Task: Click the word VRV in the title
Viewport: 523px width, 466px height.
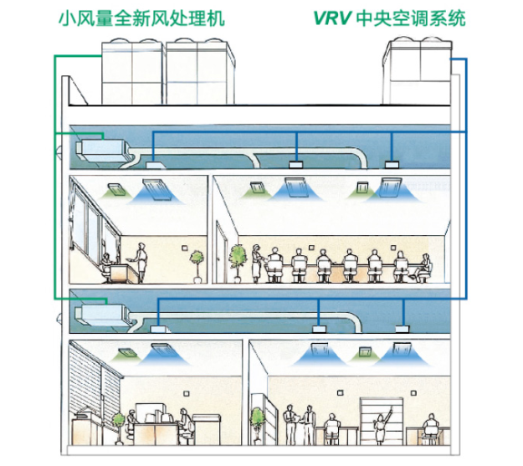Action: click(x=332, y=18)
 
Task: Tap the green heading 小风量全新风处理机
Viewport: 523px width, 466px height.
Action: click(x=141, y=18)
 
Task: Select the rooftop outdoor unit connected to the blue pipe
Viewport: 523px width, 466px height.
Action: click(x=418, y=71)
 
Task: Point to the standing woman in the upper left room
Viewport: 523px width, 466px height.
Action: click(x=141, y=263)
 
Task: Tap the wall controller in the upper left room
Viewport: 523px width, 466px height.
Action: click(x=185, y=248)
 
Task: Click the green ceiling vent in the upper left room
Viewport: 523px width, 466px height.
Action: click(x=117, y=189)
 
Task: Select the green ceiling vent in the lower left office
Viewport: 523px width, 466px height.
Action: click(x=127, y=352)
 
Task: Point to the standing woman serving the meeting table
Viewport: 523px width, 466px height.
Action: click(x=257, y=264)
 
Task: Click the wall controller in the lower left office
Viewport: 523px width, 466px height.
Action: click(x=187, y=393)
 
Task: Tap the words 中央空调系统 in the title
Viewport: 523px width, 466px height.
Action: click(x=411, y=18)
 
